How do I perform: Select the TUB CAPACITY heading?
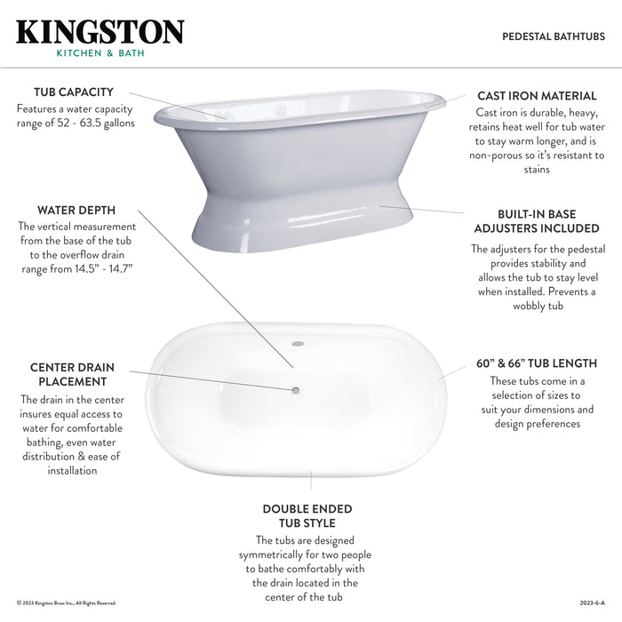point(74,92)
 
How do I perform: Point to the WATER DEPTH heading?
point(76,211)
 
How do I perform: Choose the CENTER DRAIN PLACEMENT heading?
point(72,374)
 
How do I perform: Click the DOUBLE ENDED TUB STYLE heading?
point(307,515)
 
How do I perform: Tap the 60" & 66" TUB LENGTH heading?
point(535,363)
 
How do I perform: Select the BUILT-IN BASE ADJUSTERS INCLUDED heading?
point(536,221)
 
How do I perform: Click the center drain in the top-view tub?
point(297,388)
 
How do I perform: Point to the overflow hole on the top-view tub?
point(299,342)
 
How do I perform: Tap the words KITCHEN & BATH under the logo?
point(100,53)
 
